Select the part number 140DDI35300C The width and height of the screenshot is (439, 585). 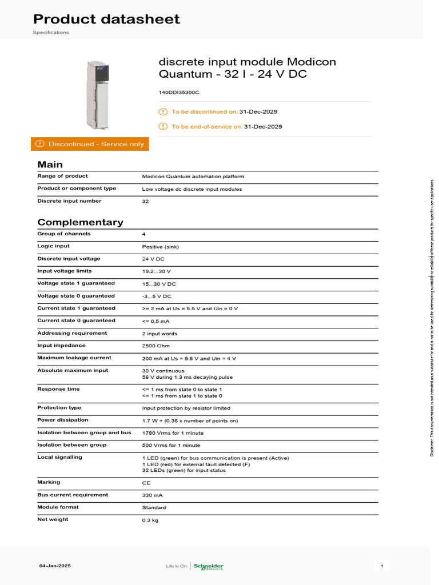(x=178, y=91)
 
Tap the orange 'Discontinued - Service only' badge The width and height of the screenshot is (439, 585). (x=90, y=144)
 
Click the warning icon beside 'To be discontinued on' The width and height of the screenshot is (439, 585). (x=163, y=112)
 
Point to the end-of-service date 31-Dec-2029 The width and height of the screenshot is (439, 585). (x=263, y=127)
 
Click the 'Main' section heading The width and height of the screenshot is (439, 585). (x=50, y=165)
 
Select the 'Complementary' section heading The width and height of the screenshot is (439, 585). (x=80, y=222)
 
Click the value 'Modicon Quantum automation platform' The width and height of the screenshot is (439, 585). (x=193, y=177)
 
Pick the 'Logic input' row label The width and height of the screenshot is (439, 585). (x=54, y=246)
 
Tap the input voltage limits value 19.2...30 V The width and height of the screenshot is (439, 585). (x=157, y=271)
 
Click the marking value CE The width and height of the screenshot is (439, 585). (x=146, y=483)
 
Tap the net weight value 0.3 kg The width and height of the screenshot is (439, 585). (x=150, y=520)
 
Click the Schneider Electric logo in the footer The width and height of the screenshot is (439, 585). (x=209, y=566)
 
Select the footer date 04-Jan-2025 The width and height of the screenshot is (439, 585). (x=55, y=566)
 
